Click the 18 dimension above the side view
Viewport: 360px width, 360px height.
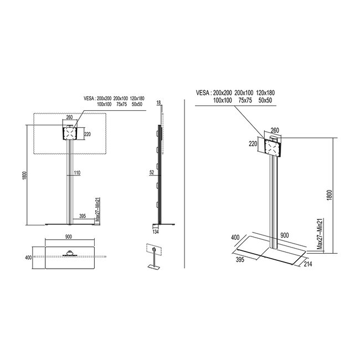[158, 104]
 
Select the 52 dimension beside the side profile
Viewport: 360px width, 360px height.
[152, 173]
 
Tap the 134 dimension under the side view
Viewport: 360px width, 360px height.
[156, 232]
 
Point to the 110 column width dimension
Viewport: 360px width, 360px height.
[76, 173]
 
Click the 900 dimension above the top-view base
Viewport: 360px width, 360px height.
[69, 238]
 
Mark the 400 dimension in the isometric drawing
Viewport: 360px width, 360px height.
[235, 238]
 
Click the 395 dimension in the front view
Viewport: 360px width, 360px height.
[83, 216]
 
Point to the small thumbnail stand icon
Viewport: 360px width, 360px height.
[152, 256]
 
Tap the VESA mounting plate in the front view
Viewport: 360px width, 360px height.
[69, 133]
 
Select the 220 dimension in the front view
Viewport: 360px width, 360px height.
[87, 133]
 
